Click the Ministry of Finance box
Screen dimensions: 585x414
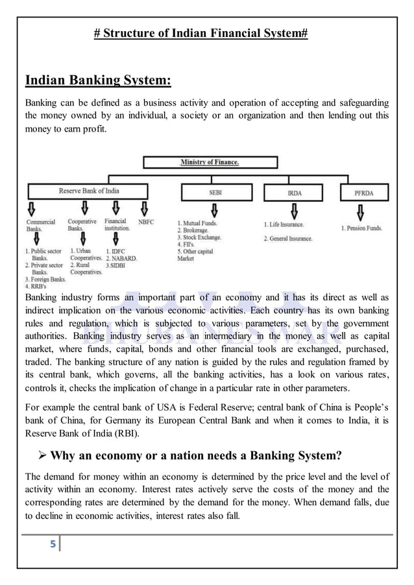tap(210, 162)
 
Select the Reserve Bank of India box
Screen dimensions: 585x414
tap(89, 191)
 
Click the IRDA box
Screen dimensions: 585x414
tap(295, 193)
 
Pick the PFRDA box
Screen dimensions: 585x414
tap(365, 193)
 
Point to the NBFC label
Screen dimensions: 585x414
tap(146, 222)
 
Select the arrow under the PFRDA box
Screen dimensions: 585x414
tap(361, 212)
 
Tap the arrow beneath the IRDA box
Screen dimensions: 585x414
tap(295, 211)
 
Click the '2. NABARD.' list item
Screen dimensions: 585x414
tap(121, 258)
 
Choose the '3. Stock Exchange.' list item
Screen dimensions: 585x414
tap(199, 237)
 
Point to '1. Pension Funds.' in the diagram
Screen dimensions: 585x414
tap(361, 228)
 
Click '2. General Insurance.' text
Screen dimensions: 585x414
tap(287, 239)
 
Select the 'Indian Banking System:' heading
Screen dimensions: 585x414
tap(98, 80)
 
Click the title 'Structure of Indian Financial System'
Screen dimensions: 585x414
tap(201, 33)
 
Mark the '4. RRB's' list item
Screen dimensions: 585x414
tap(36, 286)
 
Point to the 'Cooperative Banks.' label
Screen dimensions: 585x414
tap(82, 225)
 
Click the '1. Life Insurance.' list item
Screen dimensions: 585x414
tap(284, 224)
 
